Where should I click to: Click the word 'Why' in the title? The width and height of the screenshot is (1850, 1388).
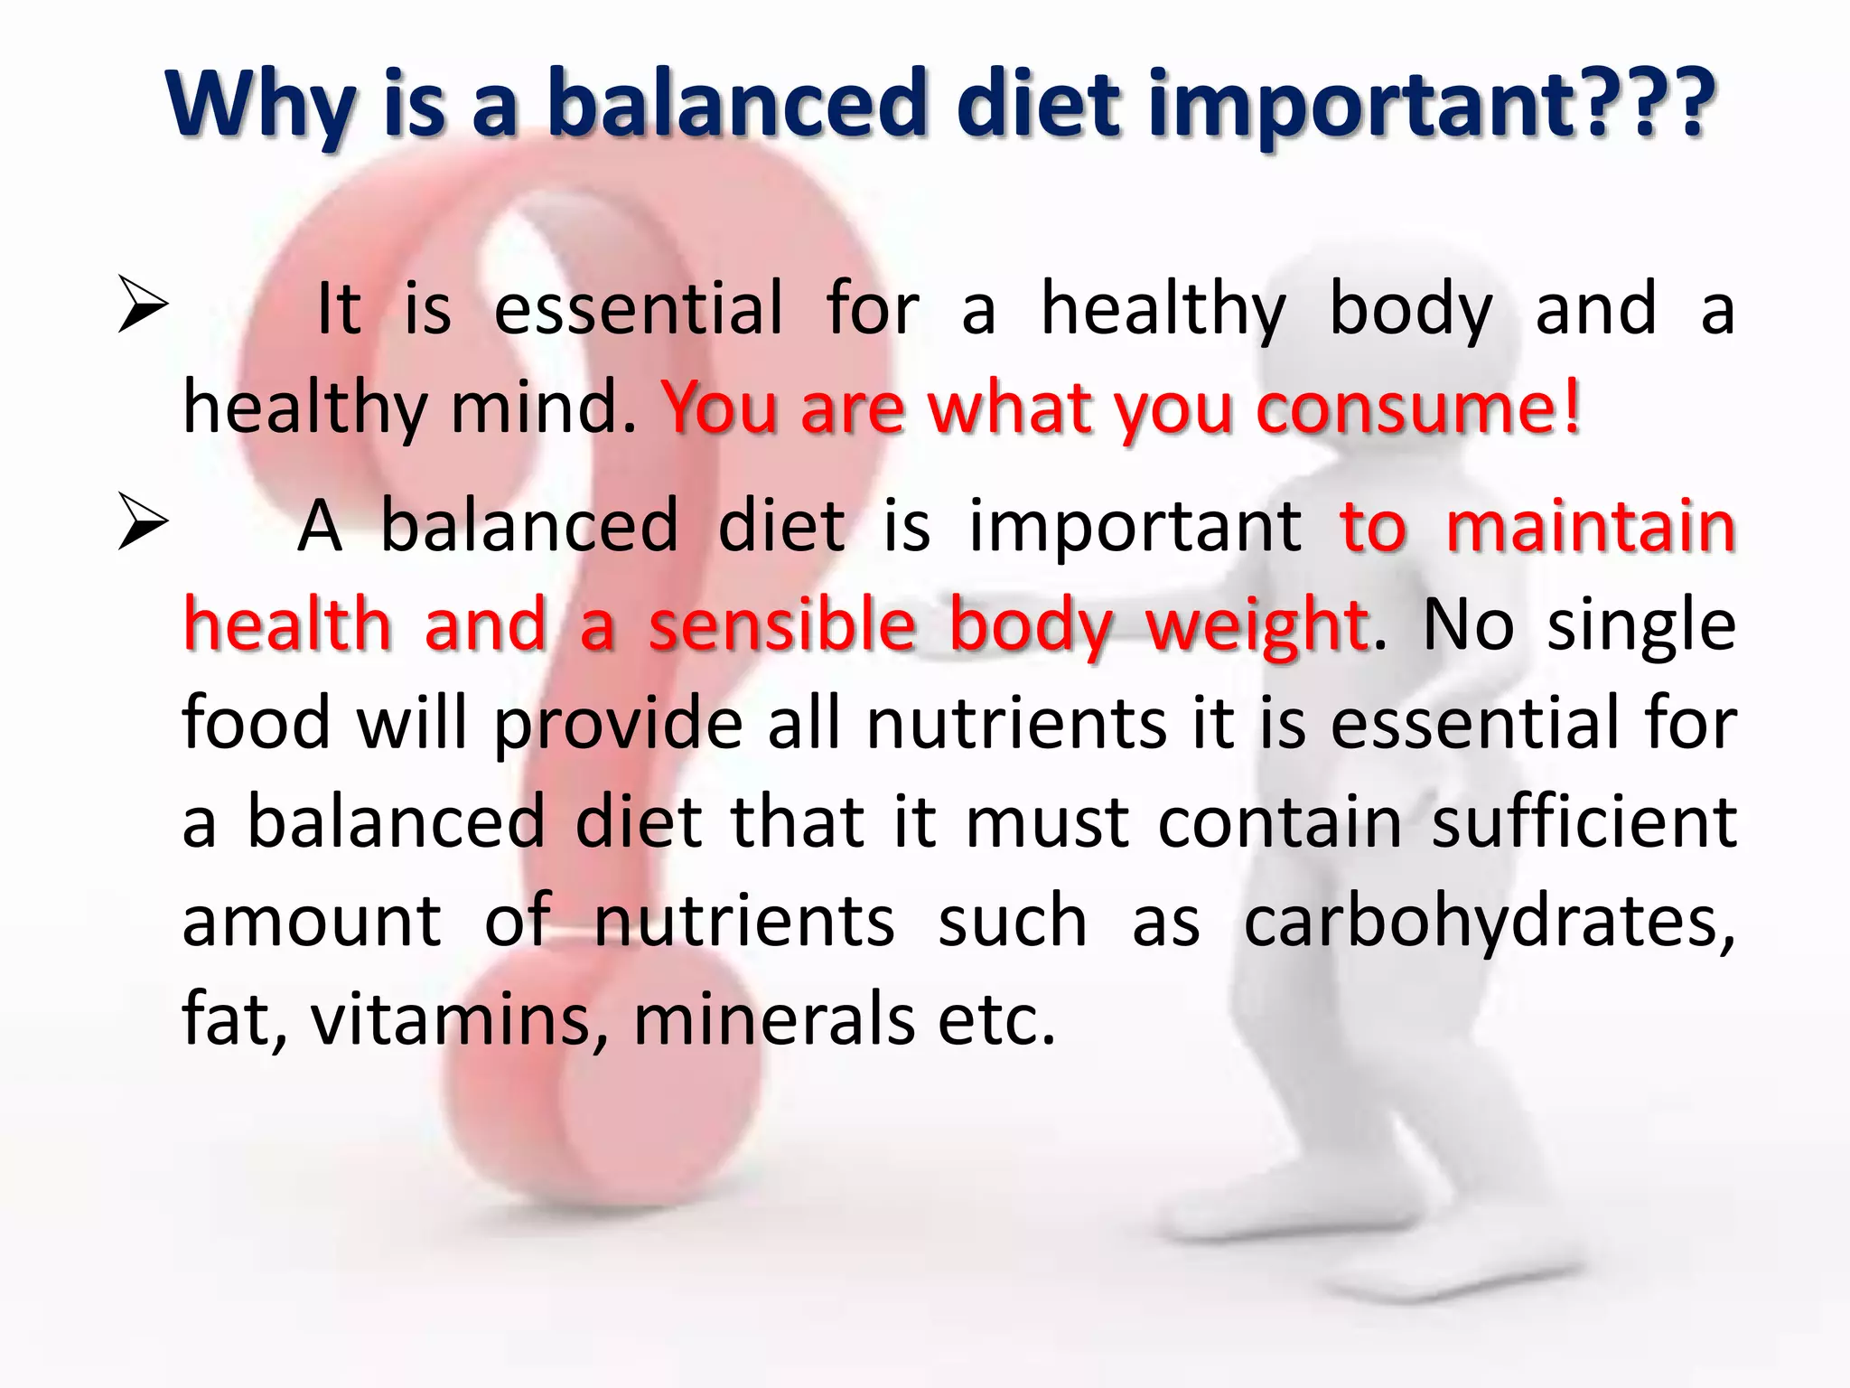coord(263,107)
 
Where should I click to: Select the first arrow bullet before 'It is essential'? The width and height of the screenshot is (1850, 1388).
coord(143,306)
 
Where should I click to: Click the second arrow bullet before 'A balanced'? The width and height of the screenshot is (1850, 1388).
coord(143,523)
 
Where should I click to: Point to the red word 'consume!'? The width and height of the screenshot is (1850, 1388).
coord(1418,408)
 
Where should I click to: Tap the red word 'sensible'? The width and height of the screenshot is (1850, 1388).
coord(782,624)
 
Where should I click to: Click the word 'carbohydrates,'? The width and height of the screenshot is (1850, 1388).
coord(1490,923)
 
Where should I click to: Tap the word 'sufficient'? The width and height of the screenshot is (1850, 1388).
coord(1584,821)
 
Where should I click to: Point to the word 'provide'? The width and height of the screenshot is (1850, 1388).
coord(618,724)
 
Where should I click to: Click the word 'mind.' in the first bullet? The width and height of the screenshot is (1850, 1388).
coord(545,408)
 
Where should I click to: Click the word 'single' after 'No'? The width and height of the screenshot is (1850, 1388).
coord(1641,624)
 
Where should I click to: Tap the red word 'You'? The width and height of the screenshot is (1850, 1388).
coord(720,408)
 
